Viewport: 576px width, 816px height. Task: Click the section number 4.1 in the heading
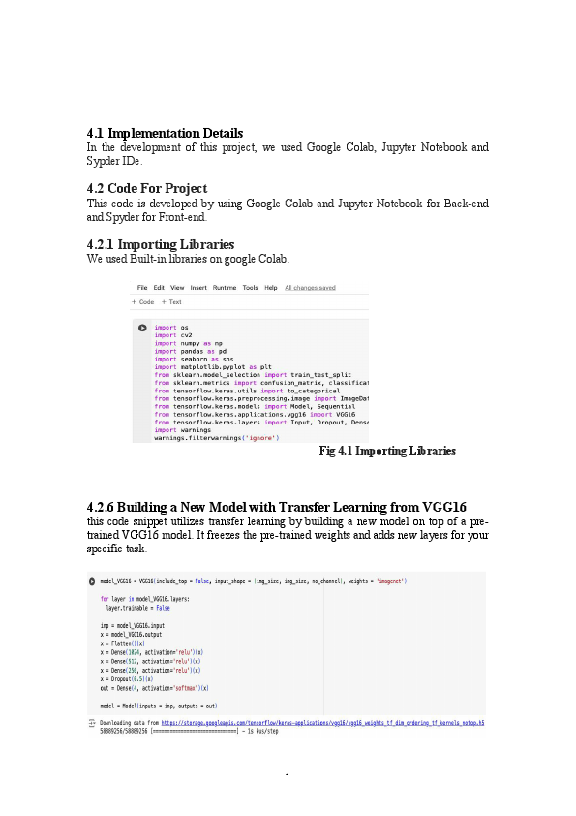point(95,133)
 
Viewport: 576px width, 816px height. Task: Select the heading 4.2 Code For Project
point(147,188)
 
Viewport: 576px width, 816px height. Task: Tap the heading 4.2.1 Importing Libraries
point(160,244)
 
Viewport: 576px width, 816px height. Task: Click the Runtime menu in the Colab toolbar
point(225,288)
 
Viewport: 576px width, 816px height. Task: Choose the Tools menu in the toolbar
point(251,288)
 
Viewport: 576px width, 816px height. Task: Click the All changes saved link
point(309,288)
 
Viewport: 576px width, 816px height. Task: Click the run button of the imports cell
point(142,328)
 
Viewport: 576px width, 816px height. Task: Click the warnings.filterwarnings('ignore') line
point(216,438)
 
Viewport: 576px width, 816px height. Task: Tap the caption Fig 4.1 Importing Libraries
point(386,451)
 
